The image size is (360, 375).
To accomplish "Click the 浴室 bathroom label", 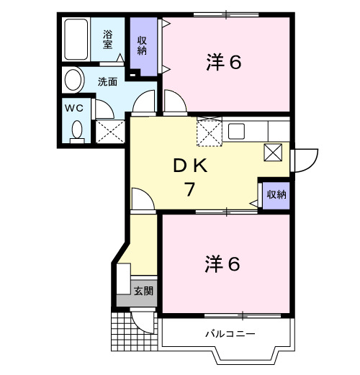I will (x=108, y=39).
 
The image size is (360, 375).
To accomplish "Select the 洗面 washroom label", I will (x=108, y=81).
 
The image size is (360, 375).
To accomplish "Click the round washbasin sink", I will (x=73, y=79).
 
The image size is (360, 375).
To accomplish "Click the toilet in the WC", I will (x=76, y=130).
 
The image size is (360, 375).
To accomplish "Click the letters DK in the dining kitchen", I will (x=190, y=166).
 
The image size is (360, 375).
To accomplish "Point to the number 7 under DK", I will (x=190, y=190).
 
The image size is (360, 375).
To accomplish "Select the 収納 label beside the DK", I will (x=276, y=194).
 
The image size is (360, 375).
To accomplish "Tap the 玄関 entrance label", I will (x=143, y=291).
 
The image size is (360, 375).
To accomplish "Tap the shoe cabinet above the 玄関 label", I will (x=123, y=278).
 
